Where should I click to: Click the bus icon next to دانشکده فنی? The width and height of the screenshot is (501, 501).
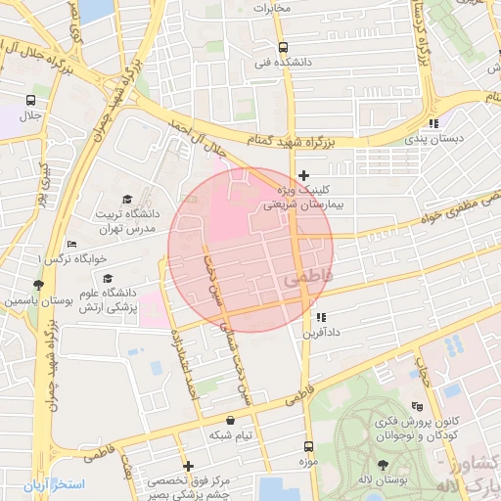283,47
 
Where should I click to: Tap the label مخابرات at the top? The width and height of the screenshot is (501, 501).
273,8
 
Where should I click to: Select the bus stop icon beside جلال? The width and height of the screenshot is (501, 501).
31,100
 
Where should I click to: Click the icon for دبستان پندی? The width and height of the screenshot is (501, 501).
433,123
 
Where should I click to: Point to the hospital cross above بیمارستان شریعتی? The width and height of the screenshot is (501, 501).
303,174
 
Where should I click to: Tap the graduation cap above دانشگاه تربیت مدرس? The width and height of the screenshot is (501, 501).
126,199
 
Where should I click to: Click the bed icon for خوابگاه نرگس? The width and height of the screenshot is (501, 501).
70,244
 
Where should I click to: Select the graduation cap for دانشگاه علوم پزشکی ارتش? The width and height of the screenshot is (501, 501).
107,278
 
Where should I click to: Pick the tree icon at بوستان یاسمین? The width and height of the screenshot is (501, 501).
38,285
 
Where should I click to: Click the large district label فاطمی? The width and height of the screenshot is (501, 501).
307,279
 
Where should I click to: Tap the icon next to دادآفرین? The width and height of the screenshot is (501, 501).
320,317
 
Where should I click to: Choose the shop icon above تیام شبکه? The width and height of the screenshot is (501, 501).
229,420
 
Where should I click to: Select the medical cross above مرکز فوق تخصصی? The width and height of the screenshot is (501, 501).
188,466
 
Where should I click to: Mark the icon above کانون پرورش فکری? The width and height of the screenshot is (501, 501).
418,406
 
